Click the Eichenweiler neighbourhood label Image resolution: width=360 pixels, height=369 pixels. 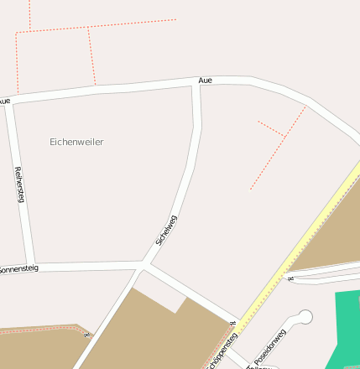click(x=76, y=143)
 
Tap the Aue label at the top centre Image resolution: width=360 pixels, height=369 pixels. click(x=206, y=81)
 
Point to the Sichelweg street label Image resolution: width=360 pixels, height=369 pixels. click(x=166, y=230)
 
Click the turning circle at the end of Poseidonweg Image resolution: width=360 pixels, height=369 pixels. click(x=305, y=316)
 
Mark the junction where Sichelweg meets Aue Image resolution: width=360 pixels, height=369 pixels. click(x=196, y=84)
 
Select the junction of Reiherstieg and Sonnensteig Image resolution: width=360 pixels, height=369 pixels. click(x=31, y=268)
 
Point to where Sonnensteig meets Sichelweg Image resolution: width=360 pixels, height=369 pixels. click(x=144, y=266)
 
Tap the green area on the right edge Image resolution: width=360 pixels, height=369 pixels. click(x=347, y=327)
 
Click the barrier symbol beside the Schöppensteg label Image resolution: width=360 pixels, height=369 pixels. click(x=232, y=324)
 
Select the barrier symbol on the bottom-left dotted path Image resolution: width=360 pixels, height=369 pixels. click(x=87, y=333)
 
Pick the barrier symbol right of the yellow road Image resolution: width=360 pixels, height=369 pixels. click(x=290, y=278)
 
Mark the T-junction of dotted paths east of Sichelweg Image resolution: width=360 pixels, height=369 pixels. click(x=285, y=136)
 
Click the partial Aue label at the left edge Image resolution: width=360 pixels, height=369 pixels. click(x=5, y=101)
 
